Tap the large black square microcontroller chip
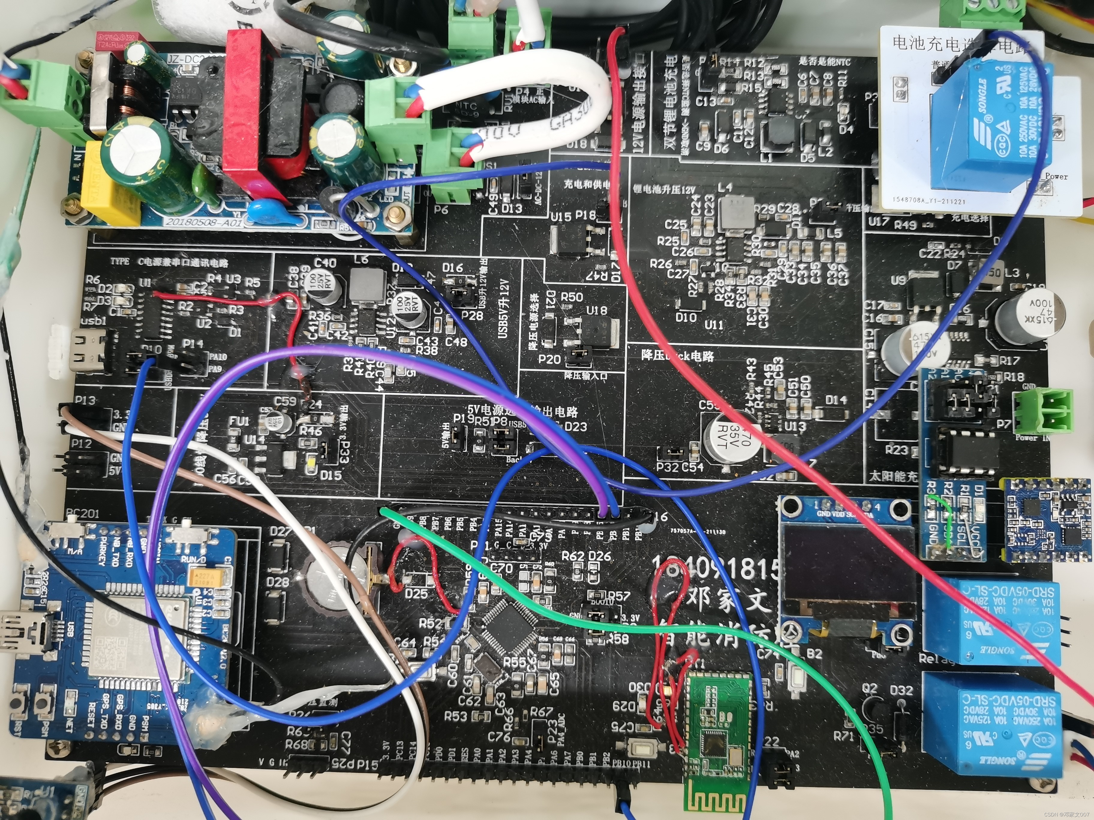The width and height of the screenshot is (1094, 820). [x=510, y=628]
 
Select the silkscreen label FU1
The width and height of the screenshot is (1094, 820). [x=239, y=421]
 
